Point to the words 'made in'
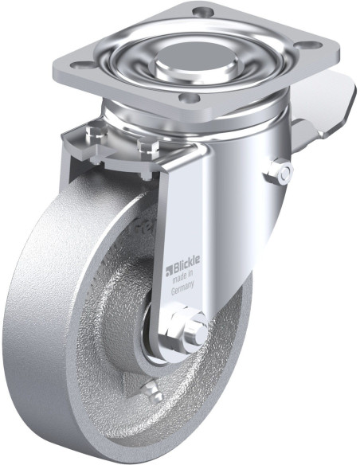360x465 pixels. pos(184,278)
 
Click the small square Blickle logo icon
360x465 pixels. pos(169,271)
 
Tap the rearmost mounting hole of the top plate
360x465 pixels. pos(203,12)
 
